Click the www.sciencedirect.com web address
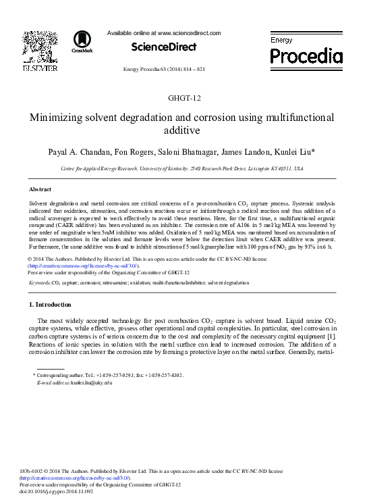tap(189, 32)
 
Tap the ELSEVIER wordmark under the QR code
tap(40, 68)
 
